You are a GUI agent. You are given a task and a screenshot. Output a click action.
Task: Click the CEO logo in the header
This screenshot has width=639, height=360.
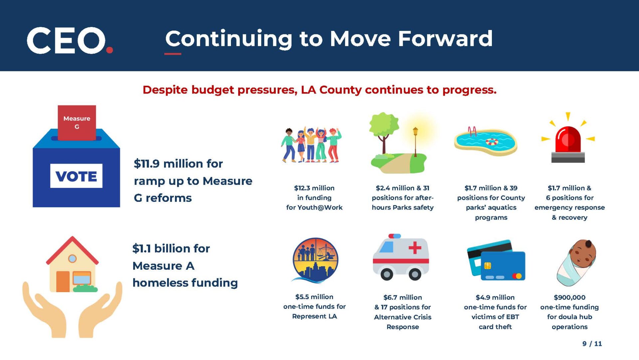pyautogui.click(x=70, y=40)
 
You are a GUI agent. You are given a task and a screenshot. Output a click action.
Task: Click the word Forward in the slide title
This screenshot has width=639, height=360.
pyautogui.click(x=445, y=39)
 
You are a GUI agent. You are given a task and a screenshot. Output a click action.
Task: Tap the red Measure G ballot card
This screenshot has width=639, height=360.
pyautogui.click(x=77, y=123)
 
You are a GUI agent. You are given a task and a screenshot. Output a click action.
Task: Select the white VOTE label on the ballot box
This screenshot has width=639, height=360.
pyautogui.click(x=76, y=176)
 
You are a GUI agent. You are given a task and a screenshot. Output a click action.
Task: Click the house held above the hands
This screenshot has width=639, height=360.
pyautogui.click(x=72, y=264)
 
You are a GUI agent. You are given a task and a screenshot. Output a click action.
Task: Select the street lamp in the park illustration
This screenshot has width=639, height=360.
pyautogui.click(x=415, y=142)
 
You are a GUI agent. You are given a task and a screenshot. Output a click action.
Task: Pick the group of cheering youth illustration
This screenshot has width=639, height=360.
pyautogui.click(x=311, y=145)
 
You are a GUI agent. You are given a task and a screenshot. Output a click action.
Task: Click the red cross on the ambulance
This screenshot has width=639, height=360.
pyautogui.click(x=415, y=248)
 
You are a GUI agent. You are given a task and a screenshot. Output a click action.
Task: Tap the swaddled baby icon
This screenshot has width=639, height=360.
pyautogui.click(x=576, y=262)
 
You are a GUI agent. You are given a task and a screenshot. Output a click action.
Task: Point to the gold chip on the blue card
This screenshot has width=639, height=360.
pyautogui.click(x=488, y=266)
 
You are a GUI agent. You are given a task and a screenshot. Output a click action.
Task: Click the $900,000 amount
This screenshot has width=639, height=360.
pyautogui.click(x=569, y=297)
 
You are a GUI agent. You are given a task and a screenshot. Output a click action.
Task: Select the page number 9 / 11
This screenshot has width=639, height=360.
pyautogui.click(x=592, y=344)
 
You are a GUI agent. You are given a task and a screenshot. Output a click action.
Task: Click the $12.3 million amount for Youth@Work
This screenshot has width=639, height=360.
pyautogui.click(x=314, y=188)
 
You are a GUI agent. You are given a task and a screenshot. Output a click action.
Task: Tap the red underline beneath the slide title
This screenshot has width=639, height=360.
pyautogui.click(x=173, y=54)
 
